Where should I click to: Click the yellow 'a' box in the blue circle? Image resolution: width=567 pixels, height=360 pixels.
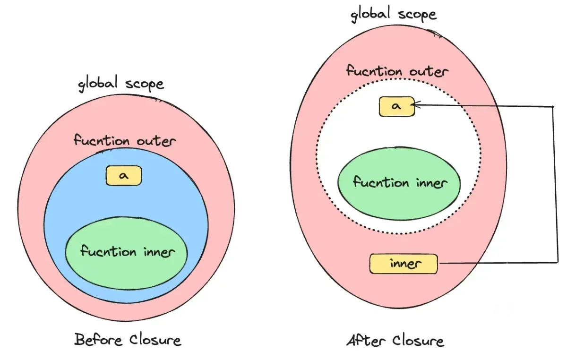click(124, 176)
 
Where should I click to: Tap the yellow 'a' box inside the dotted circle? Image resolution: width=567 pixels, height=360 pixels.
click(396, 107)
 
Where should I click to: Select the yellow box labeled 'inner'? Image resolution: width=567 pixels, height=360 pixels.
click(404, 264)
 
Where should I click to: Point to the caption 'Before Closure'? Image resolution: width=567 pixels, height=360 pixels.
click(128, 340)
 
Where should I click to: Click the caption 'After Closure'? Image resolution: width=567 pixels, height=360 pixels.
click(395, 341)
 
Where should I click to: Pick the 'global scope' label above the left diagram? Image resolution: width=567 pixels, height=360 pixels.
click(121, 84)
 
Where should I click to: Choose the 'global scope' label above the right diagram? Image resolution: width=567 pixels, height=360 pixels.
click(393, 14)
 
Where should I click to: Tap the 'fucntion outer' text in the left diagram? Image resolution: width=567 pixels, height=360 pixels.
click(125, 141)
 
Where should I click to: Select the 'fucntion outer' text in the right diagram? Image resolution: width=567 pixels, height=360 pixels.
click(397, 71)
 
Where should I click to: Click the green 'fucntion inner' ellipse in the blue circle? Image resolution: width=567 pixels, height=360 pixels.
click(127, 251)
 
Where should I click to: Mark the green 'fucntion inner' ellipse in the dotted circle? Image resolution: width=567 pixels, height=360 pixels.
click(399, 182)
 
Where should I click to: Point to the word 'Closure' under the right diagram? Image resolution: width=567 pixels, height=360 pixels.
click(418, 341)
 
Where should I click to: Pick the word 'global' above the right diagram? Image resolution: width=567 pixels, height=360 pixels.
click(370, 14)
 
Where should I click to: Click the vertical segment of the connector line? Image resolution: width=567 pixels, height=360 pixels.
click(553, 184)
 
